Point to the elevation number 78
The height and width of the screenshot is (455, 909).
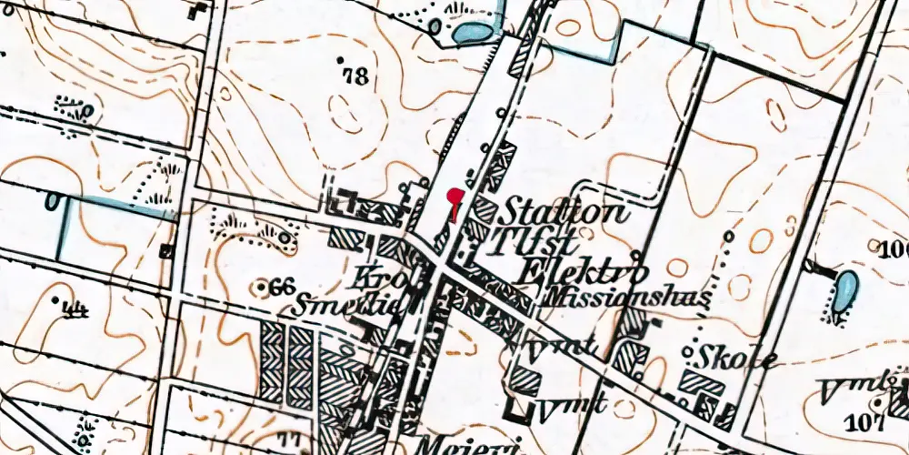click(356, 76)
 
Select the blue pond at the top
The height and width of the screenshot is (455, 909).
click(474, 34)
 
